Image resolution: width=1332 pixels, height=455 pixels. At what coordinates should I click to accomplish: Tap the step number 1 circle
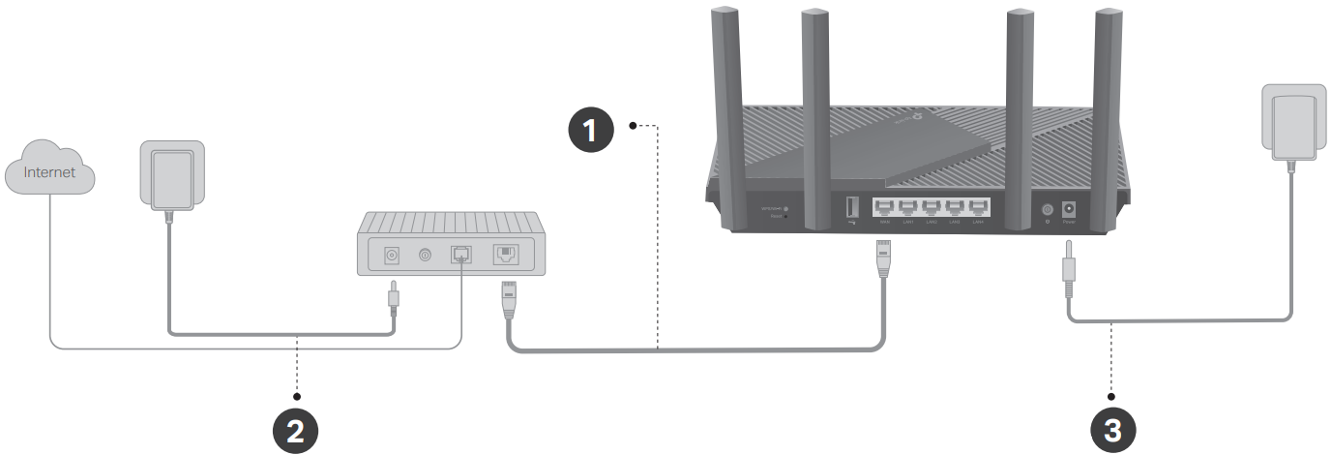pyautogui.click(x=589, y=130)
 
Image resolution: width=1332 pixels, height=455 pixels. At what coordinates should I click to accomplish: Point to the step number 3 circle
pyautogui.click(x=1112, y=430)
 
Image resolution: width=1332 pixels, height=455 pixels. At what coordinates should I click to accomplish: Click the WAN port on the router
pyautogui.click(x=883, y=207)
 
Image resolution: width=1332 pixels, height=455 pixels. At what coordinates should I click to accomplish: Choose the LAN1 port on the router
pyautogui.click(x=907, y=207)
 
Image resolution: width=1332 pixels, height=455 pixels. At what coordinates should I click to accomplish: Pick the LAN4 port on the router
pyautogui.click(x=979, y=207)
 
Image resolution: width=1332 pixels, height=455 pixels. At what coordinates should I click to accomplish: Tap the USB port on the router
pyautogui.click(x=852, y=207)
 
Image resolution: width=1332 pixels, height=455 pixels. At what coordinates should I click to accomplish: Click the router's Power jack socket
pyautogui.click(x=1070, y=208)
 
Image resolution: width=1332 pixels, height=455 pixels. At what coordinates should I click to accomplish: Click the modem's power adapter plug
pyautogui.click(x=169, y=175)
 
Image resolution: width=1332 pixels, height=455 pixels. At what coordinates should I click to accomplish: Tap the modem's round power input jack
pyautogui.click(x=393, y=256)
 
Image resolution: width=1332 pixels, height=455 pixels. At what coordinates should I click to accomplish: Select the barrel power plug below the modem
pyautogui.click(x=393, y=296)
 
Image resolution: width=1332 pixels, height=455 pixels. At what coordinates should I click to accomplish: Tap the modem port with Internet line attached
pyautogui.click(x=460, y=255)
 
